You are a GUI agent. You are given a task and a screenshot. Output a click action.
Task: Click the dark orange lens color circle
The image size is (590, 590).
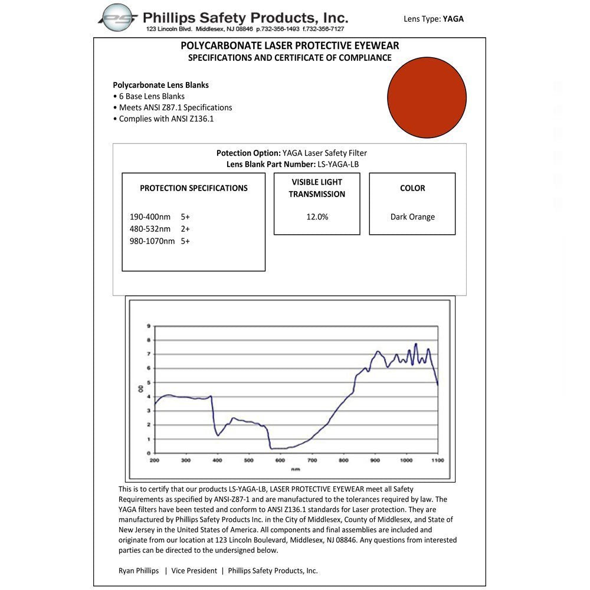click(x=427, y=97)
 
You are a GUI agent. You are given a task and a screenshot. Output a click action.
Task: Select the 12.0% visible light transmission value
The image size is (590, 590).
click(x=317, y=217)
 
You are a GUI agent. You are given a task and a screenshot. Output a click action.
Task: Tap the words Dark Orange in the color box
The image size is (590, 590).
click(x=412, y=217)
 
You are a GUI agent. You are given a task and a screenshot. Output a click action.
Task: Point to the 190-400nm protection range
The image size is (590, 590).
click(x=151, y=217)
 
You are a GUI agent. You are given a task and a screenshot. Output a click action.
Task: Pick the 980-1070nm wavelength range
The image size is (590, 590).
click(x=152, y=241)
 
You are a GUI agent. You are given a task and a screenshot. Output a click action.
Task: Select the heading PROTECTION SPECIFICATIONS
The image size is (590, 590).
click(x=194, y=188)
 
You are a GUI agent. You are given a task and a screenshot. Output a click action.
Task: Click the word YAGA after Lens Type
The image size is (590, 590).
click(x=453, y=19)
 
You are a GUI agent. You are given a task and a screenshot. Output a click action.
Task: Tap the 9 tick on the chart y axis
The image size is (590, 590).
click(x=149, y=326)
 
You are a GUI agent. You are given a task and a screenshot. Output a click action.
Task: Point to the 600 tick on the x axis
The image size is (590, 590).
click(x=280, y=460)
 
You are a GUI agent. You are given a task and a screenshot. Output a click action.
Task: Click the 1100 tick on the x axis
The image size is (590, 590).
click(x=437, y=460)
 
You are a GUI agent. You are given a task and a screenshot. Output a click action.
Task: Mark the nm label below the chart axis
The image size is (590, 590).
click(x=295, y=469)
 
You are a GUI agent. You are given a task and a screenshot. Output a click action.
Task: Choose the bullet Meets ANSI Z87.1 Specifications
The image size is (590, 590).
click(x=175, y=107)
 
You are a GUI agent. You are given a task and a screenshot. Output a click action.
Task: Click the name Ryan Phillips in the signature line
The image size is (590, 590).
click(x=138, y=571)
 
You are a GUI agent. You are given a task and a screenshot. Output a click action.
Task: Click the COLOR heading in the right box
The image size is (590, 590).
click(x=412, y=188)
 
